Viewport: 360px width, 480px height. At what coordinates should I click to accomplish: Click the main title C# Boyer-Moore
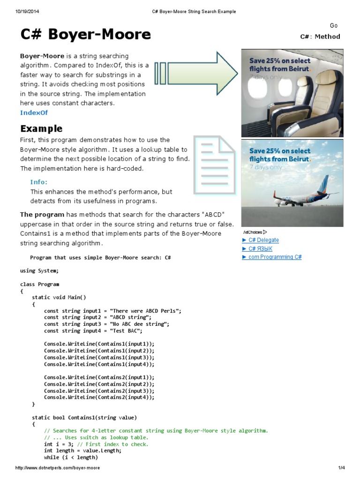[85, 34]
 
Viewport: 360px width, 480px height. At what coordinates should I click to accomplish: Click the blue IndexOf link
[34, 112]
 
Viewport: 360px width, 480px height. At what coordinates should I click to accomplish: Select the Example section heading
[41, 128]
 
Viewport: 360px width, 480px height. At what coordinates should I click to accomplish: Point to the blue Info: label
[39, 182]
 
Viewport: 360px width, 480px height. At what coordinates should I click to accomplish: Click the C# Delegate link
[261, 240]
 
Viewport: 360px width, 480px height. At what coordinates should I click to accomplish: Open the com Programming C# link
[272, 257]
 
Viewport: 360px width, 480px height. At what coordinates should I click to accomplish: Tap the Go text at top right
[334, 26]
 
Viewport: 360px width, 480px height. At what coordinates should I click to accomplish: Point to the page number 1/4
[341, 468]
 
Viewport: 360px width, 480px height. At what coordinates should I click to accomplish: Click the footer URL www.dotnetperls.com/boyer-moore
[58, 468]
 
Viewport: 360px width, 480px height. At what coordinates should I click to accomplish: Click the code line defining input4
[93, 330]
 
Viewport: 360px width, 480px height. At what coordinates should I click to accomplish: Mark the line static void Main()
[59, 297]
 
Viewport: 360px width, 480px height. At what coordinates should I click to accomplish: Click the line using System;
[39, 270]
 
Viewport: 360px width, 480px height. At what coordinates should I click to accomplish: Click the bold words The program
[38, 215]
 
